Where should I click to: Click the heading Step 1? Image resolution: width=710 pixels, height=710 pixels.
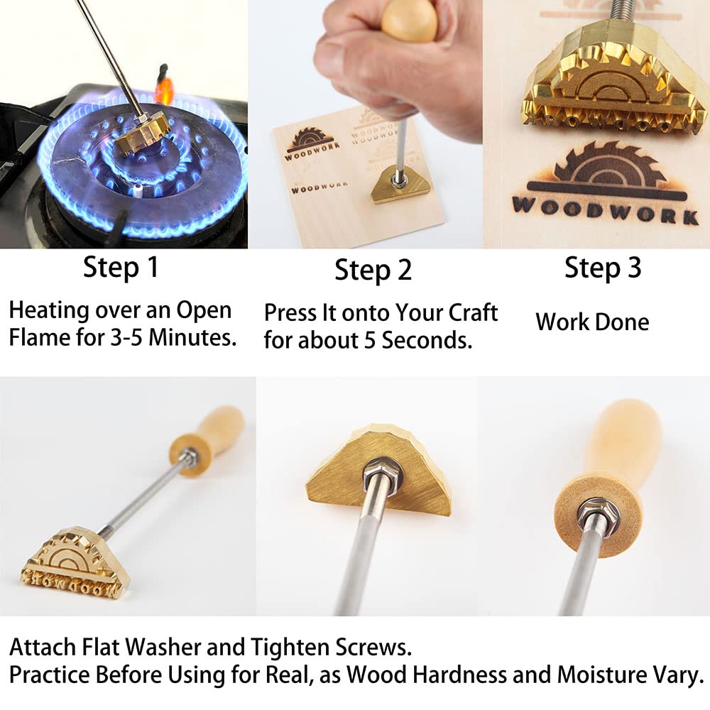pyautogui.click(x=121, y=268)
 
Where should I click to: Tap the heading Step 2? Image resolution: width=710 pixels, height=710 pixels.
pyautogui.click(x=373, y=271)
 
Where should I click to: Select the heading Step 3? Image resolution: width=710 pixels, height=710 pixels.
pyautogui.click(x=603, y=268)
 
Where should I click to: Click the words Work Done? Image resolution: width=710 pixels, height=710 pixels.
pyautogui.click(x=592, y=322)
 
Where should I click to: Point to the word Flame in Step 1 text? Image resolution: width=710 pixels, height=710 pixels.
pyautogui.click(x=39, y=337)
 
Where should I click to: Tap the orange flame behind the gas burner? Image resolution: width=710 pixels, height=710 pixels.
pyautogui.click(x=164, y=90)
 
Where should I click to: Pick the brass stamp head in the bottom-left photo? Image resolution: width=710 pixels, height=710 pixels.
pyautogui.click(x=65, y=561)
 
